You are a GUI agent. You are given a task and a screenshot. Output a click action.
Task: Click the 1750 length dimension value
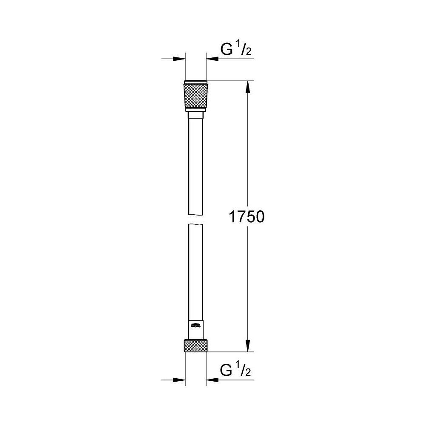click(247, 217)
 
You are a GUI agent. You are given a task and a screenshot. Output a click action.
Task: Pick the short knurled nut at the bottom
click(196, 346)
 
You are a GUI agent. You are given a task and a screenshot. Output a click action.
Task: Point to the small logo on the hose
click(196, 326)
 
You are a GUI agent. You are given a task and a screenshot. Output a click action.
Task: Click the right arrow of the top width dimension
click(212, 59)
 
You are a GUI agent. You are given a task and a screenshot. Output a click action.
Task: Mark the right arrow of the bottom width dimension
click(212, 380)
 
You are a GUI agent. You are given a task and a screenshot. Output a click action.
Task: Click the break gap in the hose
click(196, 219)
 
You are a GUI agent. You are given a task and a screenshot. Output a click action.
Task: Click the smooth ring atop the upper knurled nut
click(196, 82)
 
